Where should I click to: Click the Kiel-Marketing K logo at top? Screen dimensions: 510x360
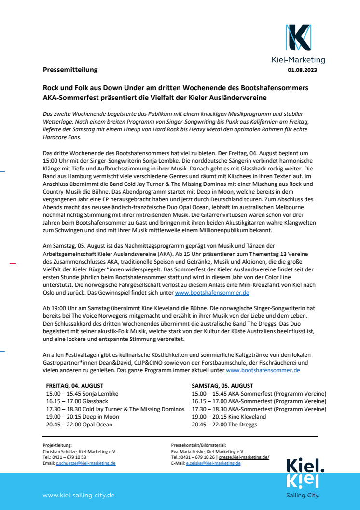[298, 38]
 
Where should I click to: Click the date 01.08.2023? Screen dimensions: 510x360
[302, 70]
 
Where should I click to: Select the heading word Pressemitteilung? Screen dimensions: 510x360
[70, 70]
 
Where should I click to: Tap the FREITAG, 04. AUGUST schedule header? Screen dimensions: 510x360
[75, 386]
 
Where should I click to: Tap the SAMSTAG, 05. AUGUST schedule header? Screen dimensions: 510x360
[222, 386]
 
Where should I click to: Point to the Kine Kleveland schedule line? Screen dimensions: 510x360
[229, 417]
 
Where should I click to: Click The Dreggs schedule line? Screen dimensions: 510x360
[224, 425]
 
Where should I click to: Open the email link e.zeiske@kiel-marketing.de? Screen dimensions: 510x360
[213, 463]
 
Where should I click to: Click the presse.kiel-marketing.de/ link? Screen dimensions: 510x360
[244, 457]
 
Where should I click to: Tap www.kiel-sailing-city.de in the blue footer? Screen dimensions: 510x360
[79, 495]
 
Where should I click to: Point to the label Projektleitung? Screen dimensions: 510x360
[57, 445]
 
